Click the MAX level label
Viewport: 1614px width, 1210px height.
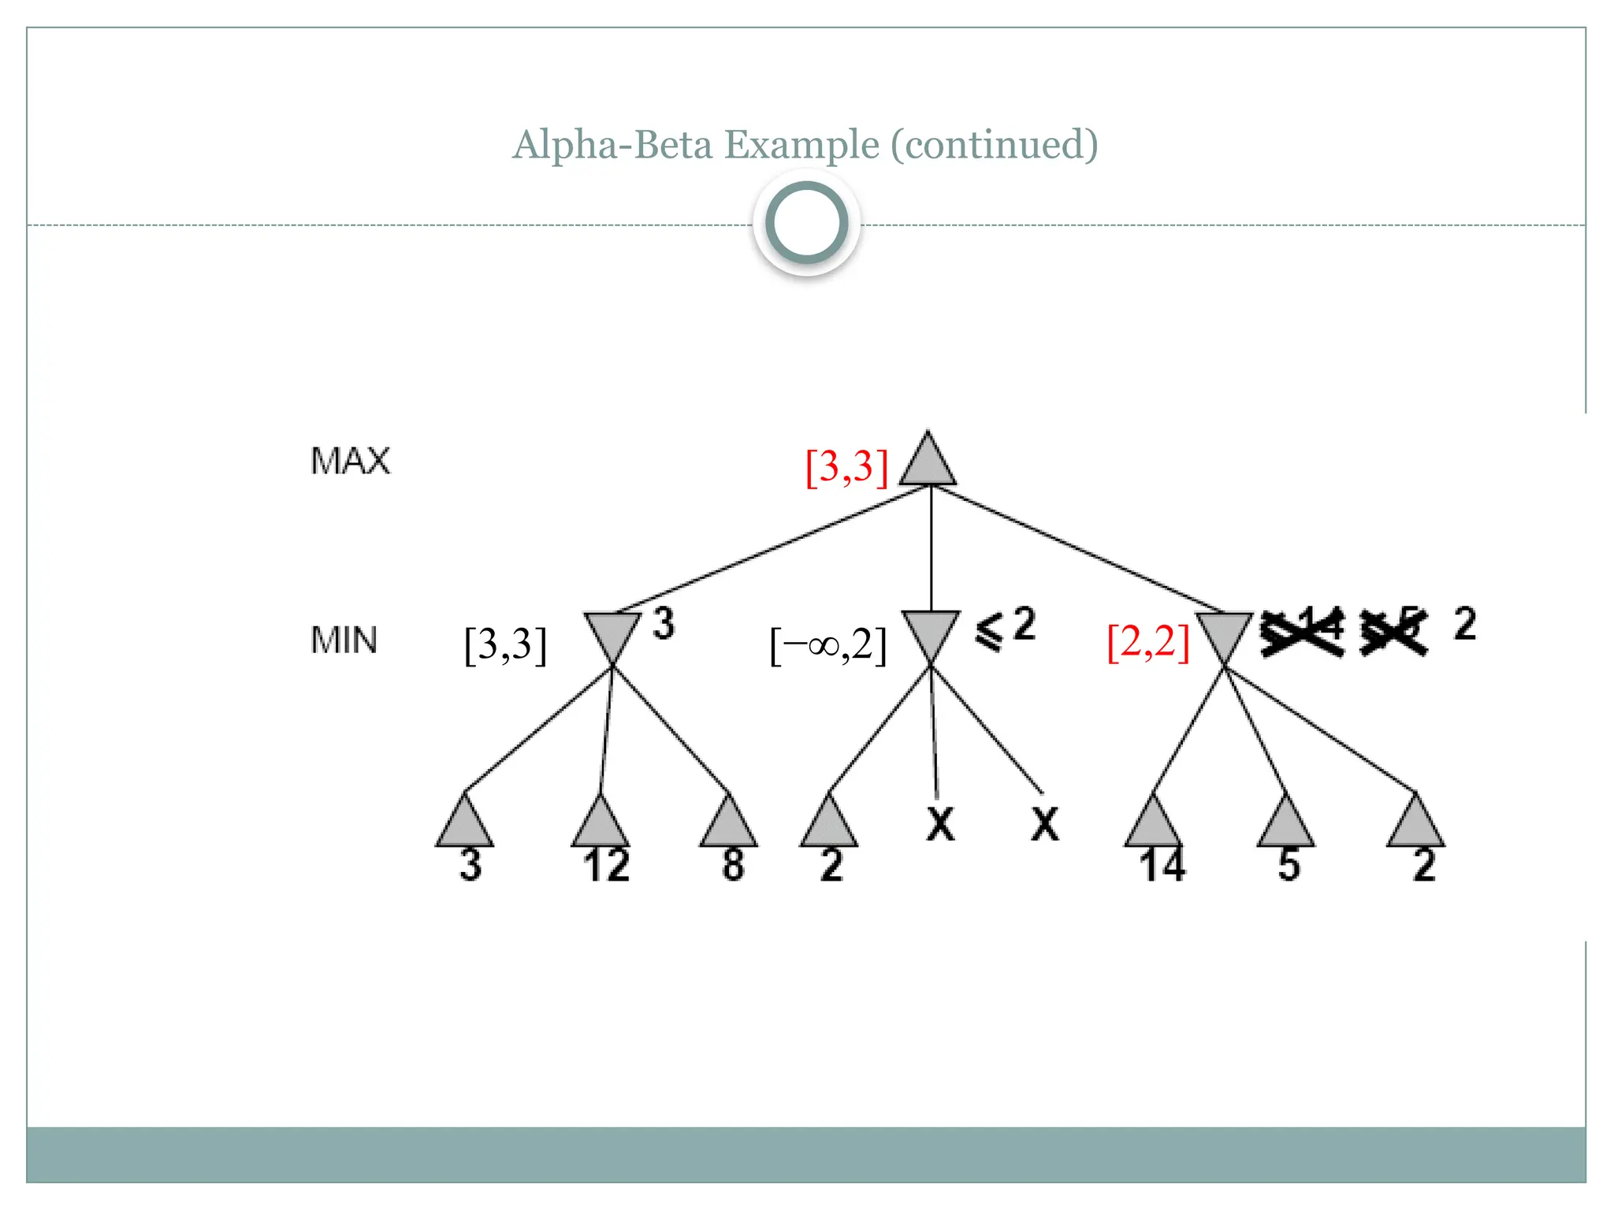point(350,461)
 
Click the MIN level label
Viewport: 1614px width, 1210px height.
point(344,640)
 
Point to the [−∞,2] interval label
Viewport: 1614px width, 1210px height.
point(827,645)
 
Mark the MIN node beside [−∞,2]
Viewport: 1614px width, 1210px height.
point(931,634)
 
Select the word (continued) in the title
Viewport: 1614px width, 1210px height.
point(994,145)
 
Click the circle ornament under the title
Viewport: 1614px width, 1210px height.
point(806,223)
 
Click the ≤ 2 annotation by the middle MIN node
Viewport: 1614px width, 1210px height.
point(1006,628)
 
